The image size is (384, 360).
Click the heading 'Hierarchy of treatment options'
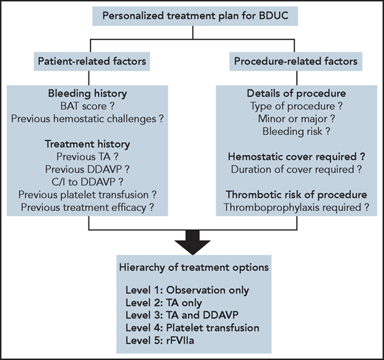tap(191, 266)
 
